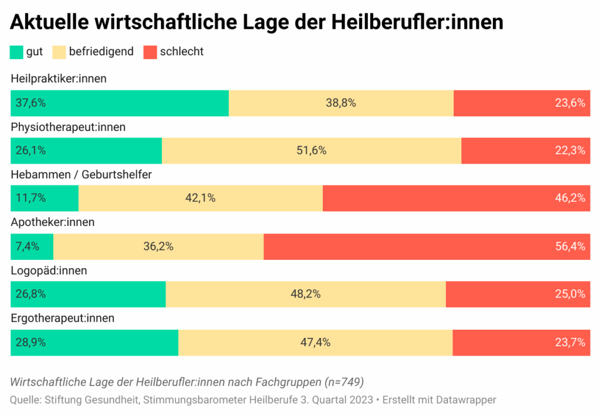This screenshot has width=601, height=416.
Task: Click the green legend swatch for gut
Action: click(x=16, y=52)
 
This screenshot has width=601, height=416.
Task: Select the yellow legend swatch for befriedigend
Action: click(x=59, y=52)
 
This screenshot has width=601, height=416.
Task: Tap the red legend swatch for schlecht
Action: click(x=150, y=52)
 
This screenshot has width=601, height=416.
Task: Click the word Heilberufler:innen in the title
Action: click(x=417, y=22)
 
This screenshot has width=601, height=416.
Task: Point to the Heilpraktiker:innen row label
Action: click(x=59, y=79)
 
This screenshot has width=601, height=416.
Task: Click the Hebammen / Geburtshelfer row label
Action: click(x=81, y=175)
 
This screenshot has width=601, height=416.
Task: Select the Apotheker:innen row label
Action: click(x=52, y=222)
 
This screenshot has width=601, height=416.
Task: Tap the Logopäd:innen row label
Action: click(x=49, y=271)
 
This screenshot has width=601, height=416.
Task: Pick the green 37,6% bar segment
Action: click(x=120, y=103)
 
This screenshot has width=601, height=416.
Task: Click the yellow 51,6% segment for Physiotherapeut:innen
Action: click(x=312, y=151)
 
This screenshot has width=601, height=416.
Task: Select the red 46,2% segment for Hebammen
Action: click(x=457, y=198)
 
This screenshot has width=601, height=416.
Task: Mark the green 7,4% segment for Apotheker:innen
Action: click(x=32, y=246)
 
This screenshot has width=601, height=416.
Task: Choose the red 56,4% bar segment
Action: click(x=427, y=246)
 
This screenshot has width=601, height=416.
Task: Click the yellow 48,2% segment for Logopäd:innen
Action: click(x=306, y=294)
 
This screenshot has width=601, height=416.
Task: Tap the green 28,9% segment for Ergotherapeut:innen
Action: click(x=94, y=343)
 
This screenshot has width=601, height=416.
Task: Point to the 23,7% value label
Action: click(x=570, y=343)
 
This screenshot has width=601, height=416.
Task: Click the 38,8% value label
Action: click(x=341, y=103)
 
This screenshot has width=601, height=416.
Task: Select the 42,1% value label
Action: click(x=201, y=198)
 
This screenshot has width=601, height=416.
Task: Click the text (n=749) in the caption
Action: click(x=344, y=383)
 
